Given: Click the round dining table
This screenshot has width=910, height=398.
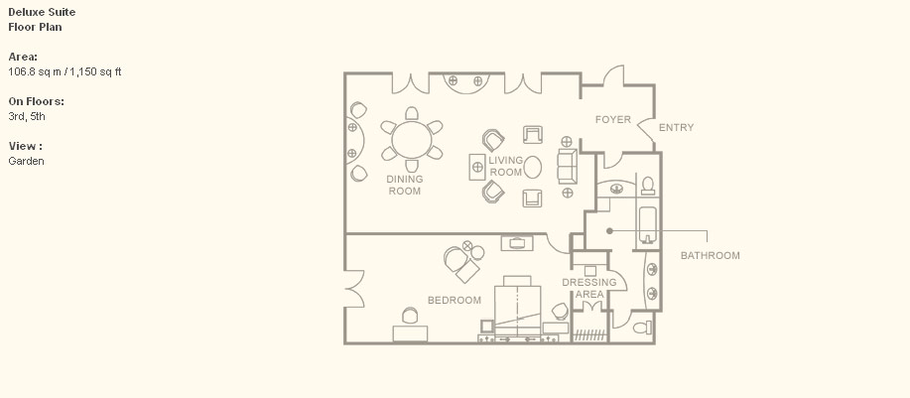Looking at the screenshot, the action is (x=412, y=139).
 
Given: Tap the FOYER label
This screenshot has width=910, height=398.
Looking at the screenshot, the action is (x=613, y=119).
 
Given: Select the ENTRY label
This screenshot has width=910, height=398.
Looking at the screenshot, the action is (x=676, y=128).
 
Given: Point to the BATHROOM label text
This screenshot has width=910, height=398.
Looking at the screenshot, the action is (x=710, y=255).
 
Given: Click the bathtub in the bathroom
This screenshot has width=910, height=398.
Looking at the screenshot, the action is (x=648, y=224).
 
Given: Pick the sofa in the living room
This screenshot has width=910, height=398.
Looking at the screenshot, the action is (x=567, y=167).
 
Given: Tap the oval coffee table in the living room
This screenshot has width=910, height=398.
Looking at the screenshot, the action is (x=532, y=167).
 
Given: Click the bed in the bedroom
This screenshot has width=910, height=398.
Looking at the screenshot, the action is (x=518, y=307).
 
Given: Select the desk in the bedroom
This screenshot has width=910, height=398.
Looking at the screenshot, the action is (x=410, y=333).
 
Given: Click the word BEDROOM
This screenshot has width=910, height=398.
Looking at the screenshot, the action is (x=455, y=300).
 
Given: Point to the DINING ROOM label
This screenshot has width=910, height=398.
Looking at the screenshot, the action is (x=405, y=185).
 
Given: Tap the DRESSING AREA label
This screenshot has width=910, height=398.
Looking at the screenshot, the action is (x=589, y=289).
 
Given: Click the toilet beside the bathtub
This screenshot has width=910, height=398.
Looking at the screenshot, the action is (x=648, y=186).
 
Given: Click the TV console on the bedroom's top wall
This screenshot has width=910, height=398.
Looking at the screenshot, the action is (x=516, y=242).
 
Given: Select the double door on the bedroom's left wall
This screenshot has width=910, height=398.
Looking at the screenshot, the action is (x=355, y=289).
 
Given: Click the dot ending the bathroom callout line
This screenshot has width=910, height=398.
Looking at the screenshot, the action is (x=609, y=231).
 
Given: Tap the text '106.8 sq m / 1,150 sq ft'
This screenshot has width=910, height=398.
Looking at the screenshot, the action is (x=65, y=71).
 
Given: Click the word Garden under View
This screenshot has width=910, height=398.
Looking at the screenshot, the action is (x=26, y=161).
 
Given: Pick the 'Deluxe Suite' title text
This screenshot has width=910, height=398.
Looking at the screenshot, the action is (x=42, y=12).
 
